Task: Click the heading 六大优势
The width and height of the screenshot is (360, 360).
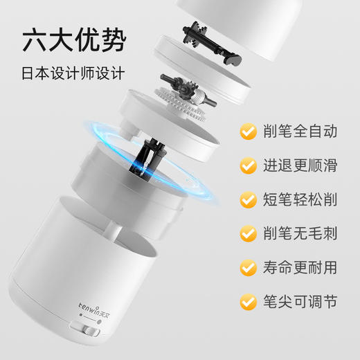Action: tap(75, 41)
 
